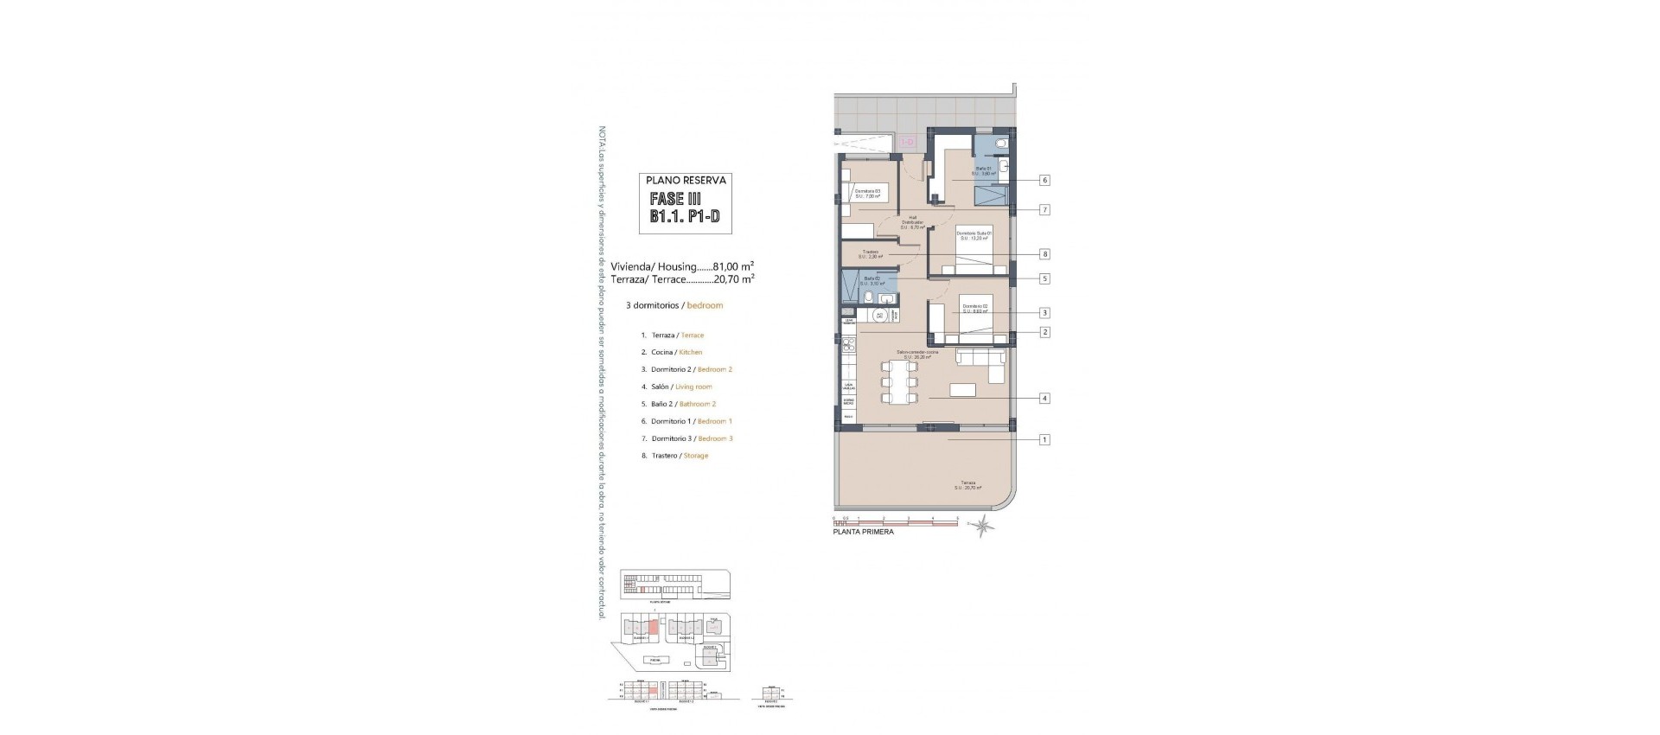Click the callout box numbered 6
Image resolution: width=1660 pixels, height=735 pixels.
(1044, 180)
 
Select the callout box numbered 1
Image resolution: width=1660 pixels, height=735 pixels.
(1044, 439)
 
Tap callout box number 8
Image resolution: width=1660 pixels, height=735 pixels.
(1044, 254)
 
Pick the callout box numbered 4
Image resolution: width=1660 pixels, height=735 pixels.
(1044, 399)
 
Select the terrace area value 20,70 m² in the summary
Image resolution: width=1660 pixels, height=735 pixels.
(734, 279)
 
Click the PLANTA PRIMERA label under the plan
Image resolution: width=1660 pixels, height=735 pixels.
(863, 533)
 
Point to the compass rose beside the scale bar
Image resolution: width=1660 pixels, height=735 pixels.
(982, 525)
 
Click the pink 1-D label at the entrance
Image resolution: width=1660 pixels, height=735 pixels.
(908, 141)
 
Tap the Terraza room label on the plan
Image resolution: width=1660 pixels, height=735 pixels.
(967, 485)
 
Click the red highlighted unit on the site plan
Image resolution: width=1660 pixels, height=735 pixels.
(654, 627)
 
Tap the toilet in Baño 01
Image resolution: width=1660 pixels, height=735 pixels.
(1001, 143)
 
